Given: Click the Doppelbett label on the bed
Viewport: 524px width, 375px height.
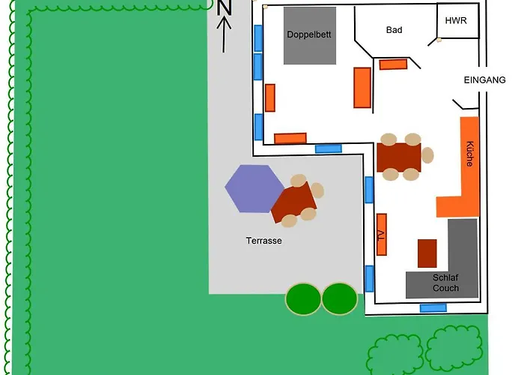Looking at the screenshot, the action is [308, 34].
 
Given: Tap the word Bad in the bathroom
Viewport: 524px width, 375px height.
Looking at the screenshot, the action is [394, 30].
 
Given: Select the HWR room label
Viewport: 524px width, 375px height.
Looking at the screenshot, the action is [456, 20].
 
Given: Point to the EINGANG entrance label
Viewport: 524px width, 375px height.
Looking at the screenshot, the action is [484, 80].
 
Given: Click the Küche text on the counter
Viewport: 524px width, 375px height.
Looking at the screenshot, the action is [470, 154].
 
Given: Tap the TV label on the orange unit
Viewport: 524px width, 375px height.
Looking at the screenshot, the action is [381, 235].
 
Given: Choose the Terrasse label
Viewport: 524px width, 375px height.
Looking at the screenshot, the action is [263, 241].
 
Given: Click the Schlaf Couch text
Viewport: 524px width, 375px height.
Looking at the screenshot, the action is [445, 283].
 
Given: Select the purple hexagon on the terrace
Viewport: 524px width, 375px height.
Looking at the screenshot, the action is [255, 188].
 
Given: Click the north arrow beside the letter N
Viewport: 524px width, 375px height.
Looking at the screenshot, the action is [224, 34].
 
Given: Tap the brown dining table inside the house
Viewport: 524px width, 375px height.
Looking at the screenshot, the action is [399, 157].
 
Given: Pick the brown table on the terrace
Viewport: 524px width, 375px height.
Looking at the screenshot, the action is [293, 202].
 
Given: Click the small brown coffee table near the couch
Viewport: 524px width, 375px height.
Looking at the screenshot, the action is [427, 253].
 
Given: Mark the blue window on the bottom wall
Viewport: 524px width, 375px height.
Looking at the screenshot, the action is [433, 307].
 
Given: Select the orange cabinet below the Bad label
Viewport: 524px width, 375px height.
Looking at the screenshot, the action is [393, 64].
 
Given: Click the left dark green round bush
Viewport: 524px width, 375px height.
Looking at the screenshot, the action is [303, 299].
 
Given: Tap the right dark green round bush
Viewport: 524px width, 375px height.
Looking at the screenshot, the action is [340, 299].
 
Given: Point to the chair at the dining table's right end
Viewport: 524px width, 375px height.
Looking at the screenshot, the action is [427, 155].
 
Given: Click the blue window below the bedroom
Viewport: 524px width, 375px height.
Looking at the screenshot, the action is [329, 148].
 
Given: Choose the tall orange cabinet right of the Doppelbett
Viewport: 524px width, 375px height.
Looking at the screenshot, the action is [362, 88].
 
